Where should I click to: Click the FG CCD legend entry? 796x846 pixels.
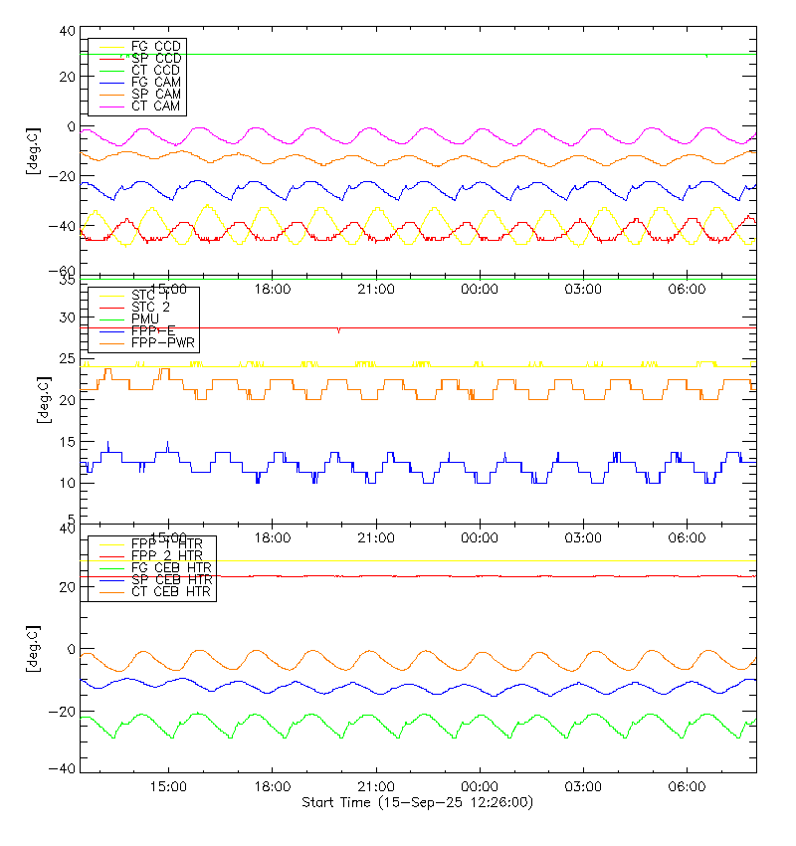155,47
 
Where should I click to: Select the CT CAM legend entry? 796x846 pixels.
155,106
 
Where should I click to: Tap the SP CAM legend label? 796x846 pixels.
155,94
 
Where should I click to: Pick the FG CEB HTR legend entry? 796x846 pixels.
170,567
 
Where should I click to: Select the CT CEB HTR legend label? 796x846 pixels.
170,591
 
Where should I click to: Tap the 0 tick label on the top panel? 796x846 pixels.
70,126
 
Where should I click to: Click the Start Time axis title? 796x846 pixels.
417,802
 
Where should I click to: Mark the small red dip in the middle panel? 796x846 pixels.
338,330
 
